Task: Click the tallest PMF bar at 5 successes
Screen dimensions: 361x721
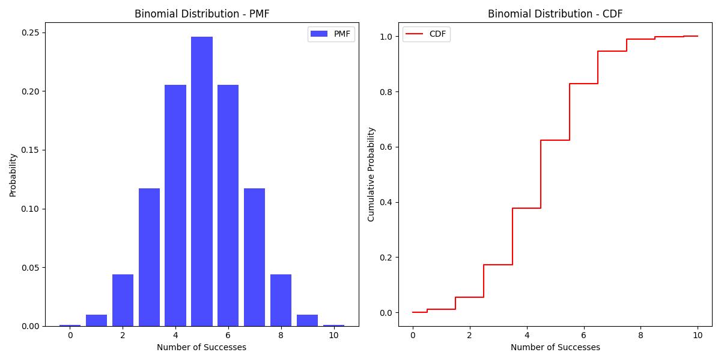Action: click(x=202, y=181)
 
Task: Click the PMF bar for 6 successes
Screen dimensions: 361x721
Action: click(x=228, y=205)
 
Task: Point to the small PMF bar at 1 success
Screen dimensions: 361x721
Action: click(x=96, y=320)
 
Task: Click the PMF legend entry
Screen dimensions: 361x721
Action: click(x=331, y=34)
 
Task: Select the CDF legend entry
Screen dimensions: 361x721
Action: click(x=426, y=34)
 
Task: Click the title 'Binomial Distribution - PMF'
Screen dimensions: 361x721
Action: click(x=202, y=14)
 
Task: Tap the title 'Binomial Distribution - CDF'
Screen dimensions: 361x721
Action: click(x=555, y=14)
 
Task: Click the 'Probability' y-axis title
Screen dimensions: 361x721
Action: click(x=13, y=175)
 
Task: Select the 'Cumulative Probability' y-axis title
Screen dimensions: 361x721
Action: click(x=371, y=174)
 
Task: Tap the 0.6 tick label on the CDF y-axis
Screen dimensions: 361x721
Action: click(x=386, y=147)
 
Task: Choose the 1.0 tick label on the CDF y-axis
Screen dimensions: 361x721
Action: click(x=386, y=37)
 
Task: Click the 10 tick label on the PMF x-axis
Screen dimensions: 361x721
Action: click(x=333, y=335)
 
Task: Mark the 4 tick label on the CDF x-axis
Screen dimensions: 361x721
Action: click(x=526, y=335)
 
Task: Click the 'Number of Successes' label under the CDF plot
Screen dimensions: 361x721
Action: click(x=555, y=347)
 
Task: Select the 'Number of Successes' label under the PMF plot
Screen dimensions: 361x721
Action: click(x=201, y=347)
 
